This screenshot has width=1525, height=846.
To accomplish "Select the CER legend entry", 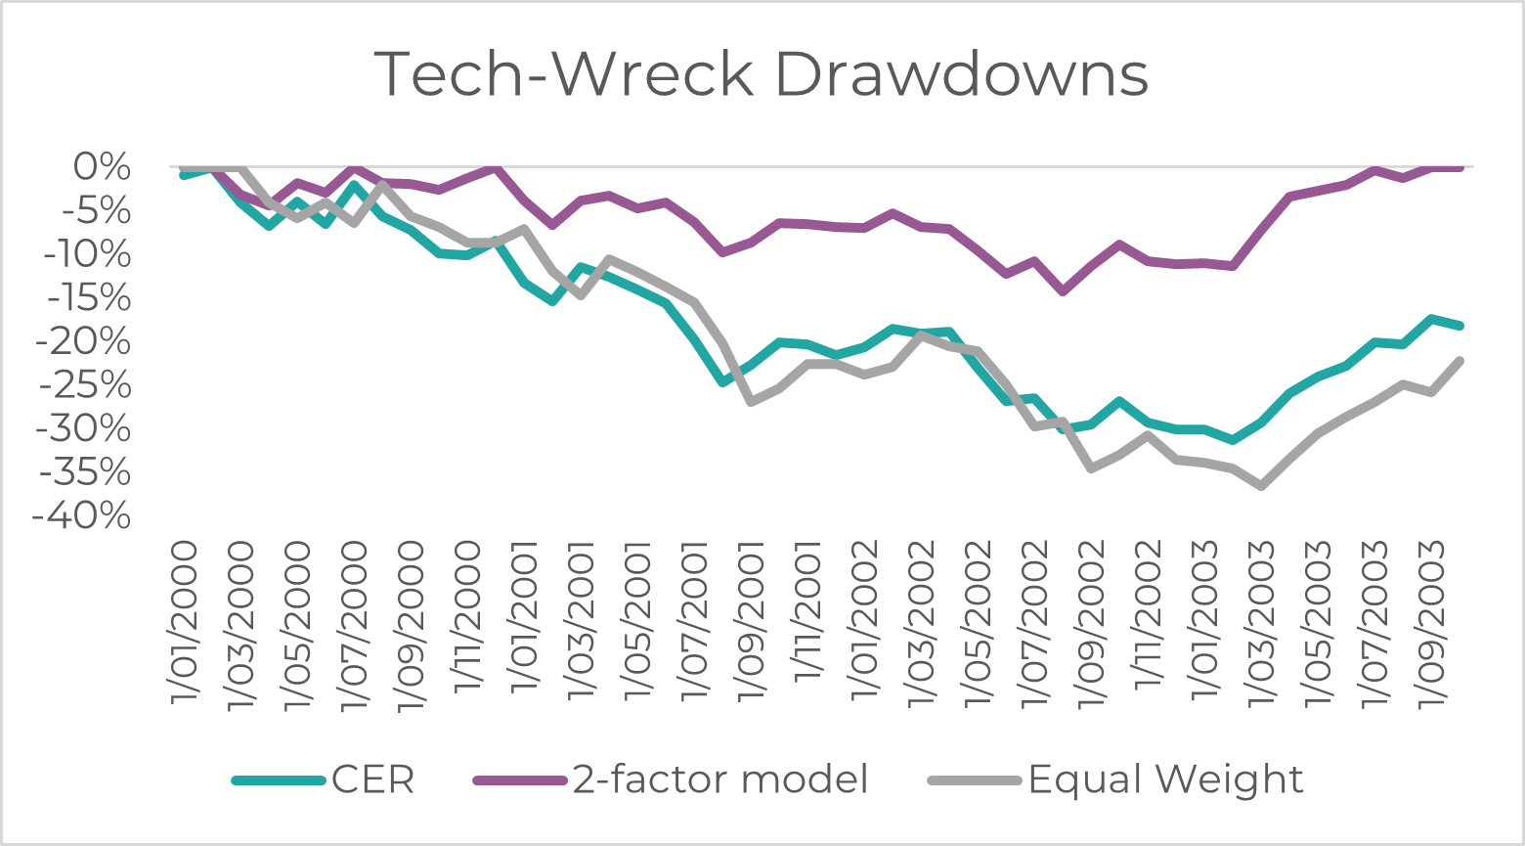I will click(x=372, y=779).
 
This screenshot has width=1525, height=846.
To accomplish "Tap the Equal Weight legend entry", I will click(x=1165, y=779).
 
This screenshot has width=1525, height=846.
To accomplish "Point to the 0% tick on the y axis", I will click(x=102, y=167).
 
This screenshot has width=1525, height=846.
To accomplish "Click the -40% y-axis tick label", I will click(x=82, y=515).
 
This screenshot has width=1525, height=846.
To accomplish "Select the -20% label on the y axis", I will click(x=82, y=341).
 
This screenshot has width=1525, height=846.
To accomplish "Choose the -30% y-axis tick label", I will click(x=82, y=428).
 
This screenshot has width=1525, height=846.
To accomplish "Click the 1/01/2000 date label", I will click(x=183, y=621).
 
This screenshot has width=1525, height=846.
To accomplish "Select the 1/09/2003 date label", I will click(x=1434, y=621).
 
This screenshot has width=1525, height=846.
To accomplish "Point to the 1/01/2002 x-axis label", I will click(x=865, y=621).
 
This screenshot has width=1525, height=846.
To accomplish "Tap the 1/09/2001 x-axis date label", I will click(x=752, y=621).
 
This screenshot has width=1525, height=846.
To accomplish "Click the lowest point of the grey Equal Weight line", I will click(x=1262, y=485).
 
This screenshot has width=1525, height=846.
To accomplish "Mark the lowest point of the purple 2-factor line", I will click(x=1063, y=291).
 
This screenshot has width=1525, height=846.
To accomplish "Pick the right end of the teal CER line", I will click(x=1460, y=325).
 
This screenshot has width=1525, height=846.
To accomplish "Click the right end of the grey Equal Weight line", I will click(x=1460, y=360).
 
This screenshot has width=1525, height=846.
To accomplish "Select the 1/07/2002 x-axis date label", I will click(x=1035, y=621).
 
